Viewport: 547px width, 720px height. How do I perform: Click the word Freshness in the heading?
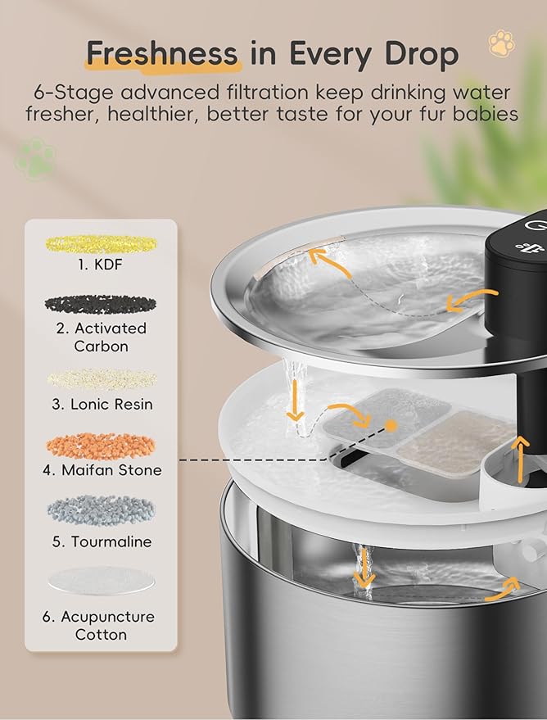[x=161, y=54]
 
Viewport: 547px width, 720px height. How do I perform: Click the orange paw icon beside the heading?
[x=500, y=43]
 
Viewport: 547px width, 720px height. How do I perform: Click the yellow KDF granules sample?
[x=101, y=243]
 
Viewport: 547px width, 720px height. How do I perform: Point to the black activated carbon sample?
[x=101, y=304]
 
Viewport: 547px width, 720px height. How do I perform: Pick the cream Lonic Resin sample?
[x=101, y=378]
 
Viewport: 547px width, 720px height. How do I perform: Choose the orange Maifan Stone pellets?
[x=101, y=445]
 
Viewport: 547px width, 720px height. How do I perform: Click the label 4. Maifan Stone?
[x=101, y=470]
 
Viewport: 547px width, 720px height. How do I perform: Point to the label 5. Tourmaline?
[x=101, y=541]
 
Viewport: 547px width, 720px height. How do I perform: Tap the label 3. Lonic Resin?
[x=101, y=404]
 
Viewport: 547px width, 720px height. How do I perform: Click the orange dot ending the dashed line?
[x=392, y=426]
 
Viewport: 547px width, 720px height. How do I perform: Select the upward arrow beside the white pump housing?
[x=516, y=449]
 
